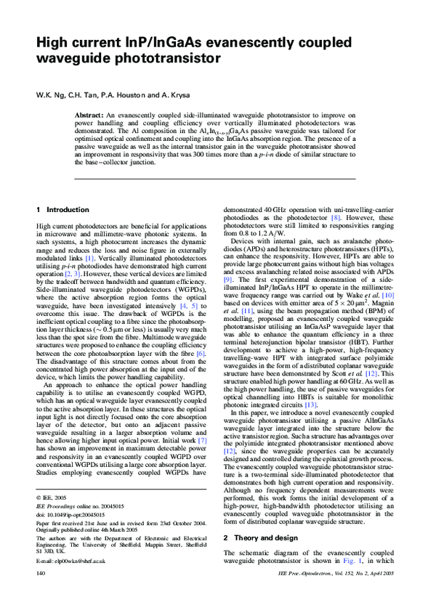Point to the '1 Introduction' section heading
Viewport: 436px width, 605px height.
click(x=62, y=210)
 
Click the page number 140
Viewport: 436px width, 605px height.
click(x=41, y=594)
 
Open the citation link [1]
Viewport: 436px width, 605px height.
click(x=89, y=257)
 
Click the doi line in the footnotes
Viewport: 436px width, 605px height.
click(x=69, y=534)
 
